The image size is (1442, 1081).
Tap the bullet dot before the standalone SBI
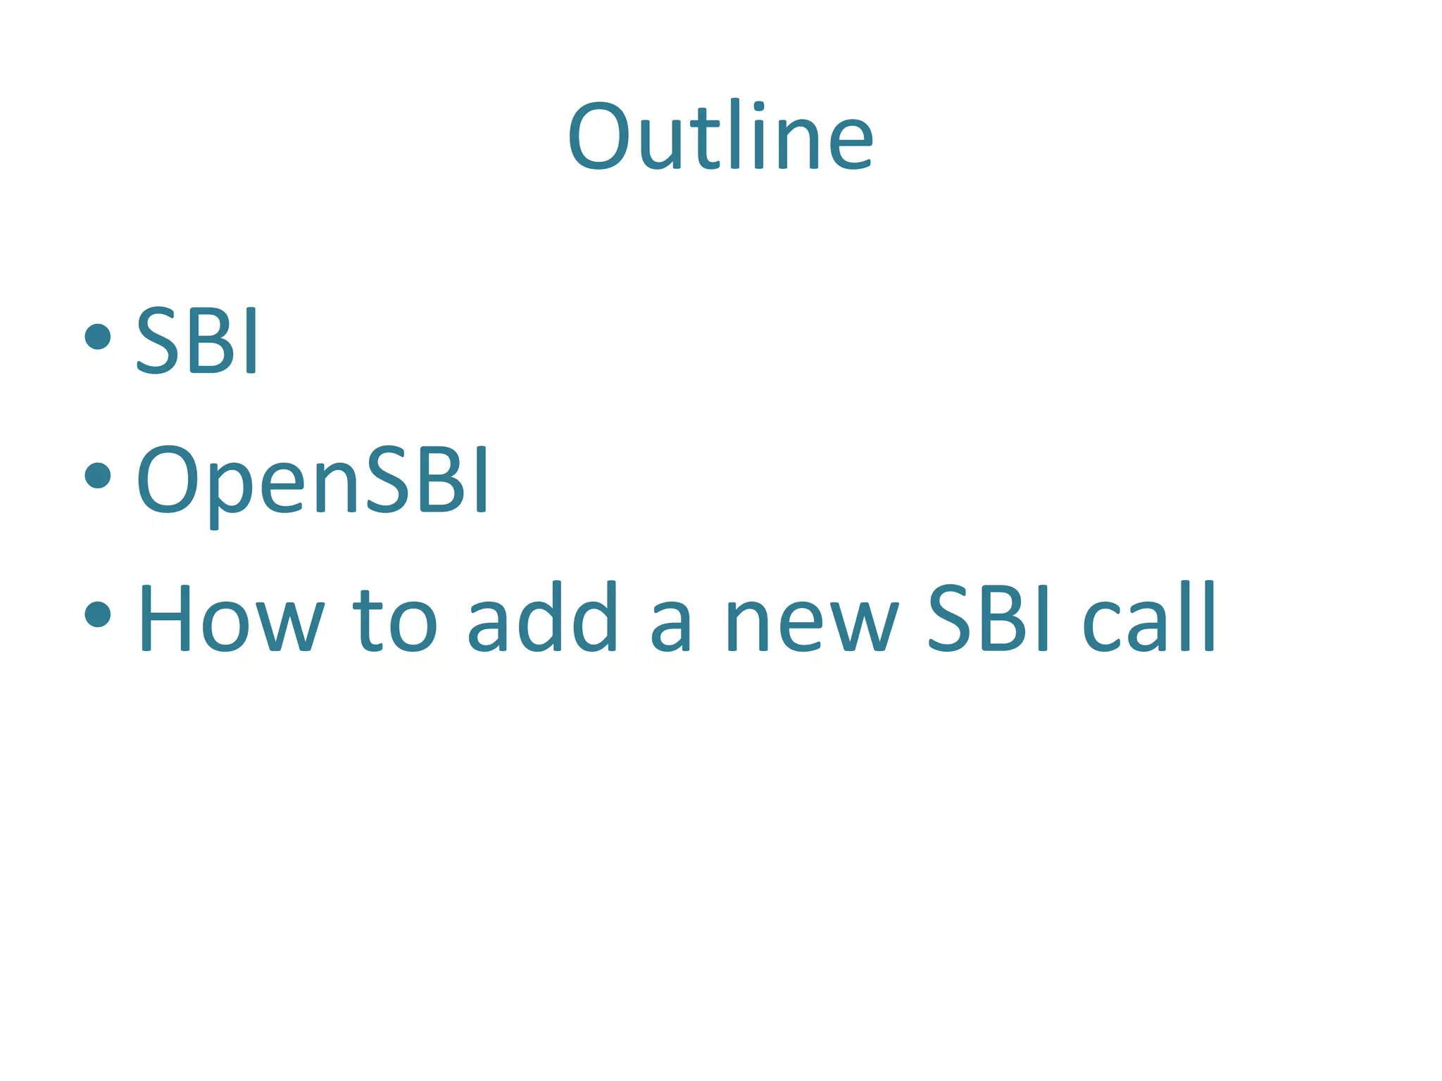pos(98,336)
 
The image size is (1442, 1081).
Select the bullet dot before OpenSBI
pos(98,475)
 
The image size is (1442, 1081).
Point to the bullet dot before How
pos(98,614)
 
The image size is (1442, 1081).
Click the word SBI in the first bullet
pos(196,341)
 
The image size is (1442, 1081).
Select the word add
pos(542,618)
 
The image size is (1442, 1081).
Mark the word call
pos(1148,618)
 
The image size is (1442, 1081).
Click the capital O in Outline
pos(599,137)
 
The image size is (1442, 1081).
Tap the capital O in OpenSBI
pos(168,481)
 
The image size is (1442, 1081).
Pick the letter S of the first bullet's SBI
pos(156,341)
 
